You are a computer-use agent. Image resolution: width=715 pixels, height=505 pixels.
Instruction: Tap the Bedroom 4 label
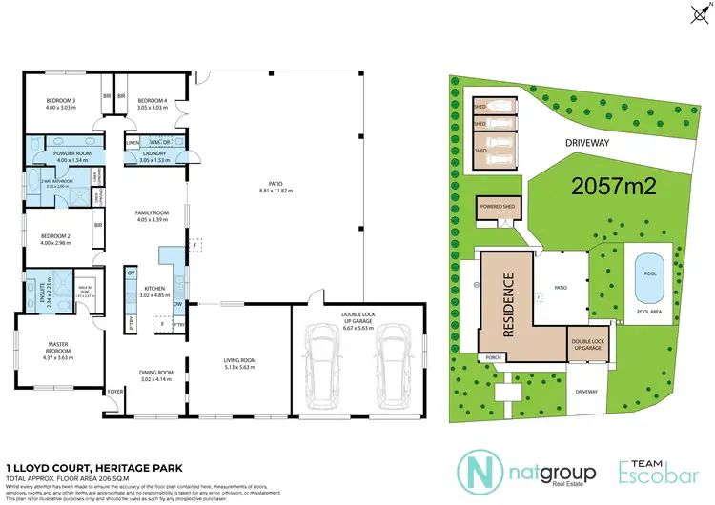click(153, 103)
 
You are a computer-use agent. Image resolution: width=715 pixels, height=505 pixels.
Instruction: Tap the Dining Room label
click(152, 375)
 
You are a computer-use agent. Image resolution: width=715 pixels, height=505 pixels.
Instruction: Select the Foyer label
click(115, 391)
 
